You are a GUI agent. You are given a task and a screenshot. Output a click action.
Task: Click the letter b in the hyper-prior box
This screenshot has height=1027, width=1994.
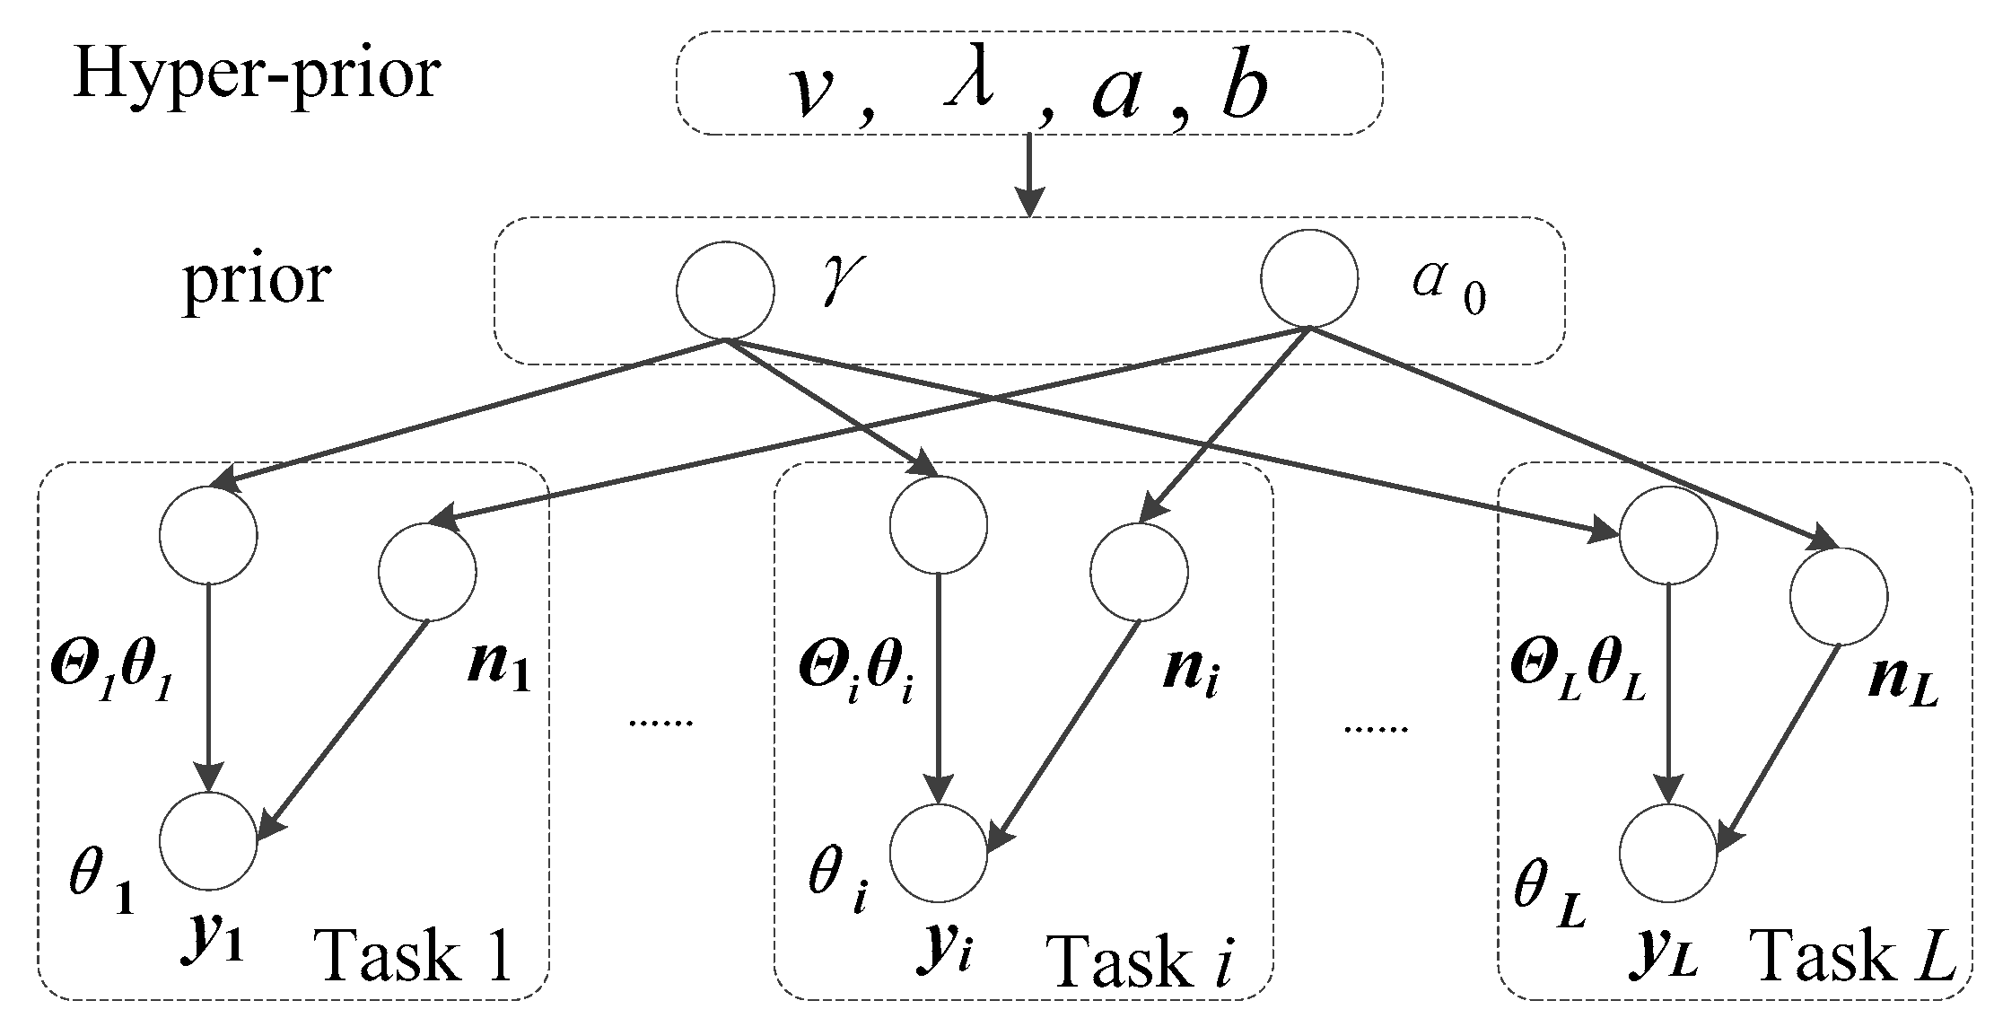coord(1243,92)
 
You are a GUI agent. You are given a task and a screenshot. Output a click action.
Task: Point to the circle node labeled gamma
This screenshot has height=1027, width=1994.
coord(725,290)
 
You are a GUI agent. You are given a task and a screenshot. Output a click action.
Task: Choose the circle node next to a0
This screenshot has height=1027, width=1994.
coord(1309,278)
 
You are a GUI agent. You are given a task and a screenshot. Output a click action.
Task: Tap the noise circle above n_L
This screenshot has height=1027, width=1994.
coord(1838,596)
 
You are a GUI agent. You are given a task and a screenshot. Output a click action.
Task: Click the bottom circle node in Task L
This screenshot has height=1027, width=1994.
coord(1669,853)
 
